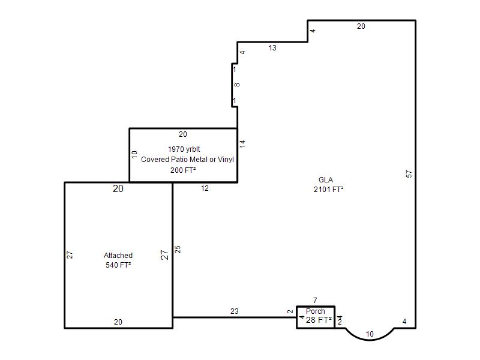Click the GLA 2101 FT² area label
(x=328, y=185)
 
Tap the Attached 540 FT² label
(x=118, y=260)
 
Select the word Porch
(x=316, y=311)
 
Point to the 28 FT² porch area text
(x=319, y=320)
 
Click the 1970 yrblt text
(x=184, y=149)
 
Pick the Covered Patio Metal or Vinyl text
(x=187, y=160)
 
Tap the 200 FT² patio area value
(x=183, y=170)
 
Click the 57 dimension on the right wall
(x=409, y=174)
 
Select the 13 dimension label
(x=272, y=48)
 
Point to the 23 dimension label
(x=235, y=311)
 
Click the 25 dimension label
(x=178, y=250)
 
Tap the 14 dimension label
(x=242, y=143)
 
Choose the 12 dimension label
(x=205, y=188)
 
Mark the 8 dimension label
(x=237, y=85)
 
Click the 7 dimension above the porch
(x=316, y=301)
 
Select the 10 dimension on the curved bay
(x=370, y=334)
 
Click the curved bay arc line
(x=370, y=340)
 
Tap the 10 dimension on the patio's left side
(x=134, y=155)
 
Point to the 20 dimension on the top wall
(x=361, y=26)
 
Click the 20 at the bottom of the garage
(x=118, y=322)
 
